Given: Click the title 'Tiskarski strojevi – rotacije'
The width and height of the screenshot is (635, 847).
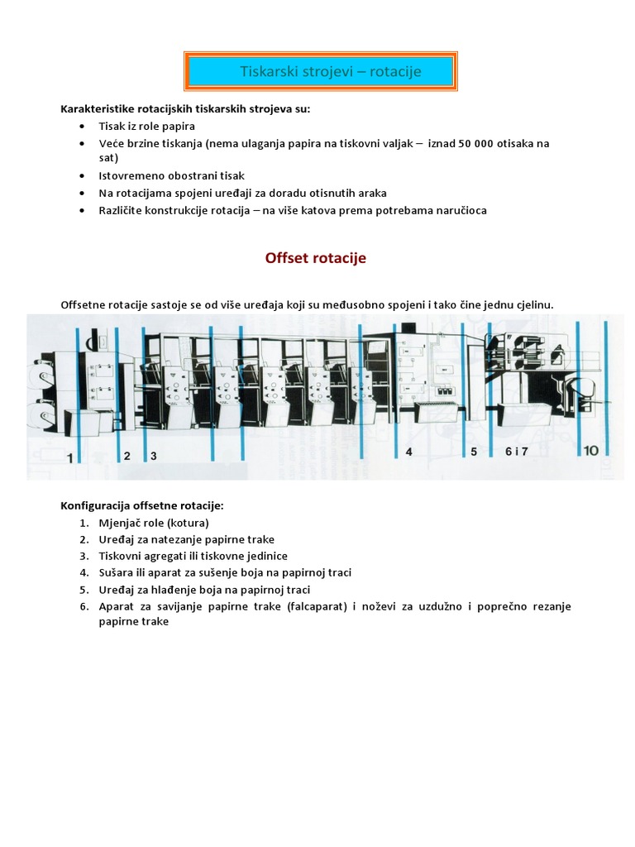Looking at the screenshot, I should (x=330, y=72).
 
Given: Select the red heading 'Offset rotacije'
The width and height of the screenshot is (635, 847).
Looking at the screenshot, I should (x=315, y=258).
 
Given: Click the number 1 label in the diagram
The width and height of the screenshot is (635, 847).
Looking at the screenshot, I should (x=71, y=457).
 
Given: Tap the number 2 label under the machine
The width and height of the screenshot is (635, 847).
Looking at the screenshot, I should (x=127, y=455).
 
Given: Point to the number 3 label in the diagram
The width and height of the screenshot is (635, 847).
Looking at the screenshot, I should (x=153, y=456).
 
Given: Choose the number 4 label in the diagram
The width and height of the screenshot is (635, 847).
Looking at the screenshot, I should (x=408, y=452).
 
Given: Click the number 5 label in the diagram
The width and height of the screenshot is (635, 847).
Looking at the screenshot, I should (x=474, y=452).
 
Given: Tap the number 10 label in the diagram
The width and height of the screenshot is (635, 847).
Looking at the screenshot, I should (x=590, y=451).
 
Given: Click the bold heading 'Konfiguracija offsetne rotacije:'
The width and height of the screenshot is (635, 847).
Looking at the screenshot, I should (x=142, y=505).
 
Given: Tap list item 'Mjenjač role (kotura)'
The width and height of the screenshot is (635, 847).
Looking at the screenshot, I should (x=154, y=523).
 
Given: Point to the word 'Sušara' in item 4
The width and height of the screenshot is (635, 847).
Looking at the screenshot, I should (x=117, y=572).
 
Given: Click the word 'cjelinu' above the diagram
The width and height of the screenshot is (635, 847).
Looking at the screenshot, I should (x=531, y=305).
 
